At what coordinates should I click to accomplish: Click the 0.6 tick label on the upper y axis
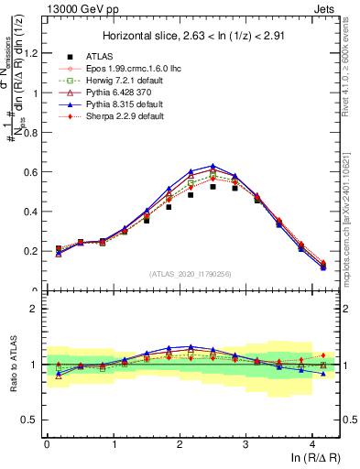32,172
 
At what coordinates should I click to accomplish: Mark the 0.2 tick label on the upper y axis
32,251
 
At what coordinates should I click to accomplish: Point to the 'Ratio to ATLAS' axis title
12,363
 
